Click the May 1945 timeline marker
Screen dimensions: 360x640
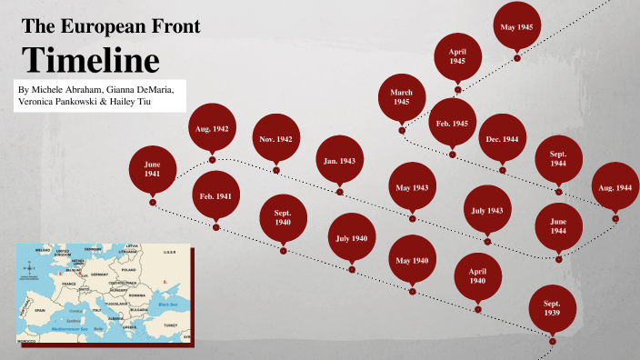click(x=516, y=27)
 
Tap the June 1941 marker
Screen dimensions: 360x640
click(x=152, y=168)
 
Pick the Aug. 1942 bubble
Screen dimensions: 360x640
click(x=211, y=129)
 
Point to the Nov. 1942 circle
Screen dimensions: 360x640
click(x=275, y=139)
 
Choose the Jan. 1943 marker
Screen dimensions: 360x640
click(x=339, y=161)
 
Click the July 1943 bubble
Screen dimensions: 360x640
click(x=487, y=210)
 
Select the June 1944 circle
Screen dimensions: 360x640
click(x=558, y=226)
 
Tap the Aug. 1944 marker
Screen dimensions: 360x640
click(x=615, y=186)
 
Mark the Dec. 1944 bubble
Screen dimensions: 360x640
click(x=502, y=138)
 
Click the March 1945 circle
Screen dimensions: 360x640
click(x=402, y=97)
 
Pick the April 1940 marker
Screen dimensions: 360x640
click(x=476, y=276)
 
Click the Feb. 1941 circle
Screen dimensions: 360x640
click(x=216, y=196)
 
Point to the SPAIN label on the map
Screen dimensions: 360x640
click(x=41, y=309)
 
